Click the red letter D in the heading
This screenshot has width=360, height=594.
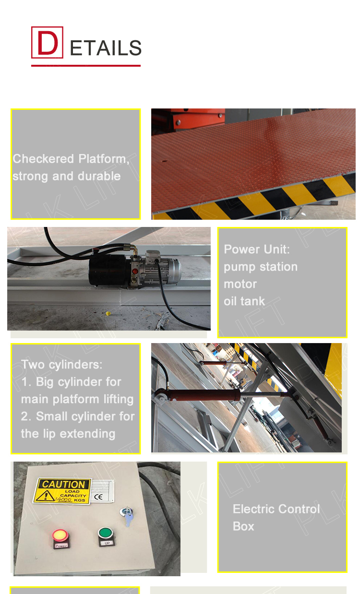click(47, 42)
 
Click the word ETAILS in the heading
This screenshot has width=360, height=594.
click(106, 48)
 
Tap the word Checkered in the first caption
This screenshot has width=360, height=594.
click(43, 159)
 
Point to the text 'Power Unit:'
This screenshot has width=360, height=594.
click(257, 249)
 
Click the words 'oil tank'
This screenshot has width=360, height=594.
click(244, 301)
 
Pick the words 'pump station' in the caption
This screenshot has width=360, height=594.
click(261, 267)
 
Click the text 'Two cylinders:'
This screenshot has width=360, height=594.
click(61, 365)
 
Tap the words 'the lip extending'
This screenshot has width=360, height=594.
click(68, 434)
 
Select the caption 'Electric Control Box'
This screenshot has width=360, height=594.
click(276, 517)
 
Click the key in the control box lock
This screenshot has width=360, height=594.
click(128, 518)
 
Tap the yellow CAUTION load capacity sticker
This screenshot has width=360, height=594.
click(63, 490)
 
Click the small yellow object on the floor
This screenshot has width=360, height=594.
click(108, 314)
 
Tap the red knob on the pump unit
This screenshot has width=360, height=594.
click(135, 271)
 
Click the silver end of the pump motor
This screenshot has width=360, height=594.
click(166, 269)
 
